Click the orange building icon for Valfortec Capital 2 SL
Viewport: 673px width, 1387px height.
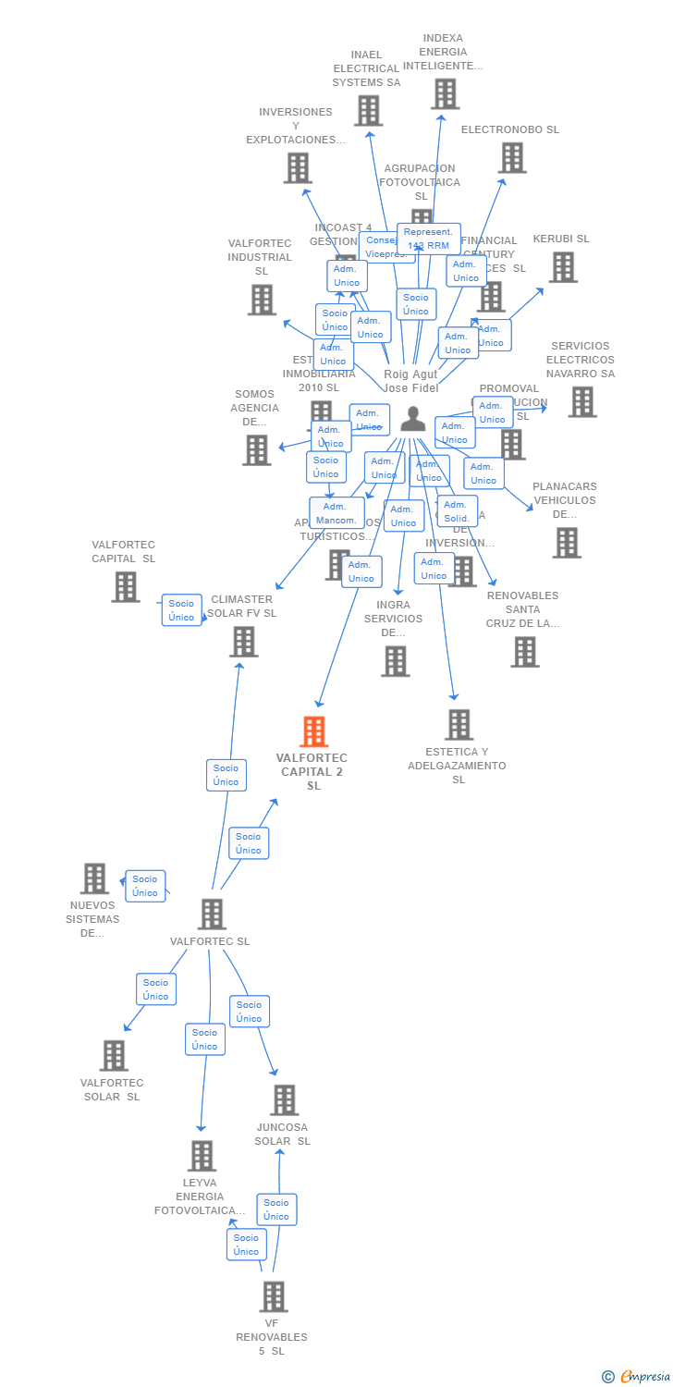point(314,731)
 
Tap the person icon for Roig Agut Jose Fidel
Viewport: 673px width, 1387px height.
point(412,420)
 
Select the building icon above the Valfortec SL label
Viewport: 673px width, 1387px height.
point(212,914)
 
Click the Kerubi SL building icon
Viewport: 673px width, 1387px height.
point(562,267)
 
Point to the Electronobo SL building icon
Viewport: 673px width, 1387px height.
point(511,158)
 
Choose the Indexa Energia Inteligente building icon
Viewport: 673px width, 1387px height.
point(445,94)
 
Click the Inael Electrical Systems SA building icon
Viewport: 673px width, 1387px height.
point(368,111)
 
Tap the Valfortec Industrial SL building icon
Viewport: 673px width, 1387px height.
point(262,300)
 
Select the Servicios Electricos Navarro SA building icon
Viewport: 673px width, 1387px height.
point(581,402)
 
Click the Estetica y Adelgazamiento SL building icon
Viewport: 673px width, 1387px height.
point(459,725)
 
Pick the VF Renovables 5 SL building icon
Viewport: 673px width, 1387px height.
point(273,1296)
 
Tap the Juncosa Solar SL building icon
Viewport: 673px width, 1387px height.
point(284,1100)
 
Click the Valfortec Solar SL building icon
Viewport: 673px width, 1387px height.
point(114,1056)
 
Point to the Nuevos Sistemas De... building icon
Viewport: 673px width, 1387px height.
point(94,878)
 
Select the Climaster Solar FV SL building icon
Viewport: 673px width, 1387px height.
point(243,642)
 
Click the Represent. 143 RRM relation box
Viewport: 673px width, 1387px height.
point(429,239)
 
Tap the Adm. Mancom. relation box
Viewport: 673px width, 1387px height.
point(336,513)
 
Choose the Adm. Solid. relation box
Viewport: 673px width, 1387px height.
point(457,511)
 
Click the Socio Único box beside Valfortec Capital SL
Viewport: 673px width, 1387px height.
point(181,610)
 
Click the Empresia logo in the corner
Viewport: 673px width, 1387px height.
point(637,1376)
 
